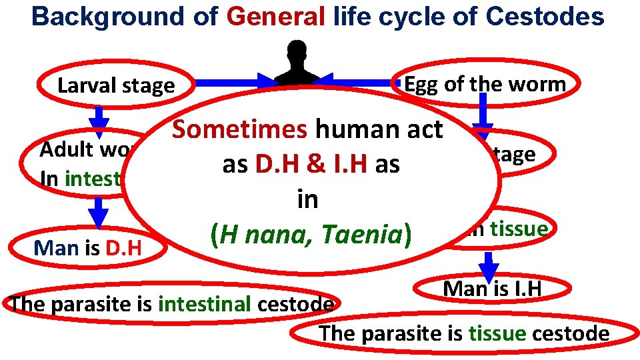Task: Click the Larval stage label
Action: [x=116, y=86]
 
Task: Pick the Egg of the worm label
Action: [x=485, y=84]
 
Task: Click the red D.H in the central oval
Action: [x=275, y=165]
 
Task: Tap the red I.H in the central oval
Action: [x=347, y=165]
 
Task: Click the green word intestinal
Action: [x=204, y=304]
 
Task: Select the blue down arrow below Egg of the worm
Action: [x=483, y=110]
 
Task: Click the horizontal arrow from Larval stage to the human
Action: [x=227, y=83]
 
